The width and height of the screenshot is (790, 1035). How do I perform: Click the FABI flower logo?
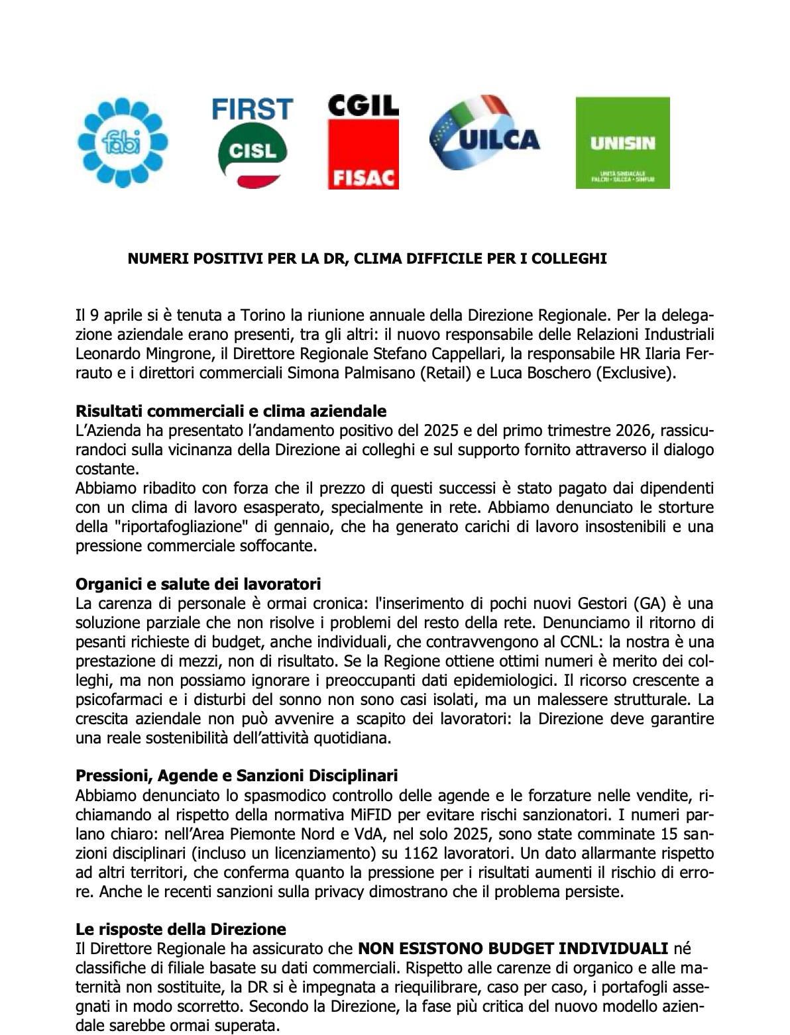[123, 142]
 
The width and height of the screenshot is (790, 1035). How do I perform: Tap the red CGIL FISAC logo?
[363, 142]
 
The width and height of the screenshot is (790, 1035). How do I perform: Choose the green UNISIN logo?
[622, 142]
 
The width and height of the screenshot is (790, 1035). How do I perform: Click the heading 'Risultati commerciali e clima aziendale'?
[231, 412]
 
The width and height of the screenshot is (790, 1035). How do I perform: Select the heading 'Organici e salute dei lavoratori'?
[198, 584]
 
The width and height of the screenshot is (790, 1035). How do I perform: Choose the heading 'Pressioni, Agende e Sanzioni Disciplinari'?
[237, 775]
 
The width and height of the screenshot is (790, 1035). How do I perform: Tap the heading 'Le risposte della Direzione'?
[180, 928]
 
